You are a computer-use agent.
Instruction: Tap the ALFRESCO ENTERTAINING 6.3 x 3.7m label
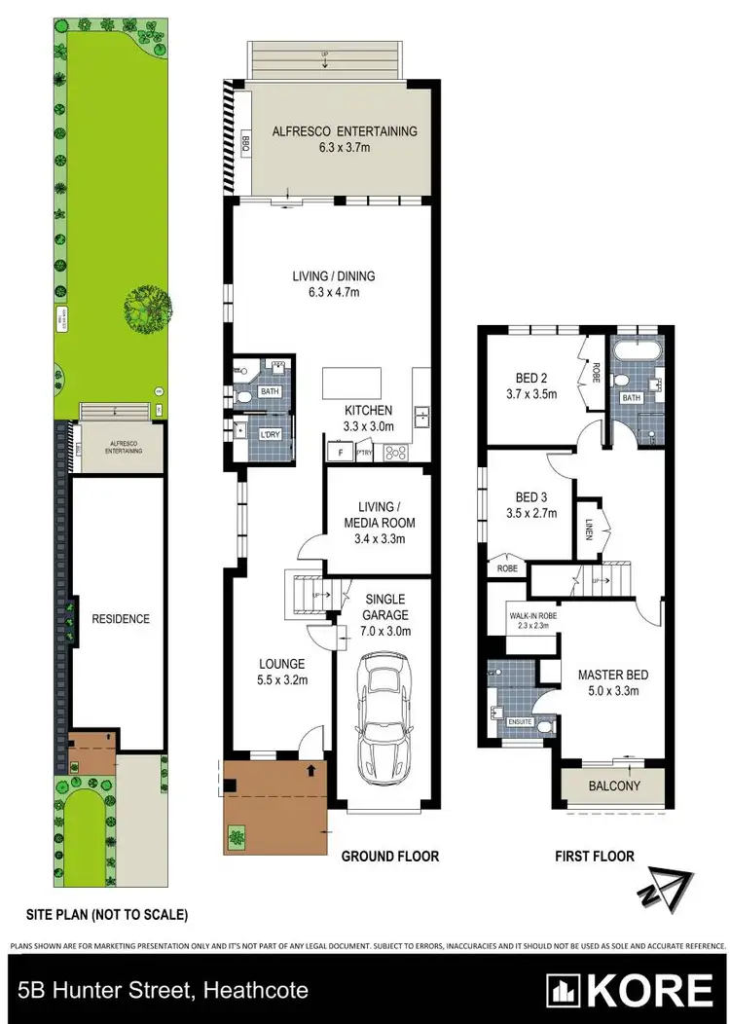(x=344, y=139)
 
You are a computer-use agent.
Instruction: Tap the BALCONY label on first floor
(x=614, y=786)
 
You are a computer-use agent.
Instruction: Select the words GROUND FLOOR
(x=389, y=857)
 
